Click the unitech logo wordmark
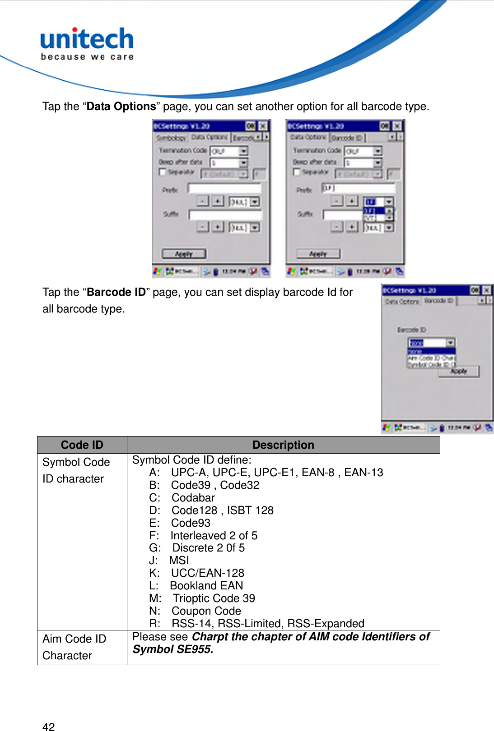pos(87,39)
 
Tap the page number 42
pos(48,726)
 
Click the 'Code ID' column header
pos(82,445)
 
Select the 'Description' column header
pos(283,445)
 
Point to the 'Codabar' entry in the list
pos(193,498)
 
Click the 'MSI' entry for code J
pos(179,561)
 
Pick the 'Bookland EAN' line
pos(206,586)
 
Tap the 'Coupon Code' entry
pos(206,611)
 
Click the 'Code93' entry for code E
pos(191,523)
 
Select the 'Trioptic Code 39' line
pos(214,598)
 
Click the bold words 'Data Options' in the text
pos(121,106)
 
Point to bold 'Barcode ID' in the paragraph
pos(116,292)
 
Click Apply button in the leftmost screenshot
pos(184,254)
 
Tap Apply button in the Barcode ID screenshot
pos(458,371)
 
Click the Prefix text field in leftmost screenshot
pos(224,188)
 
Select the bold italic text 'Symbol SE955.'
pos(173,649)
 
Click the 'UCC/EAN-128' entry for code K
pos(207,573)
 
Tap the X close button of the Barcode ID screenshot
pos(487,290)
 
